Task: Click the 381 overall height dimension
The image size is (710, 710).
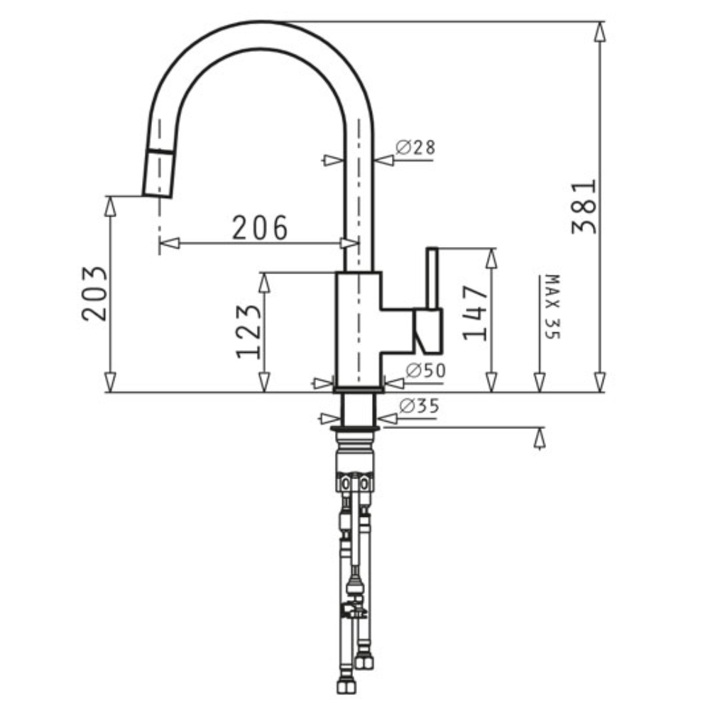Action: click(584, 207)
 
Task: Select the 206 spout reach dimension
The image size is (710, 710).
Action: click(260, 227)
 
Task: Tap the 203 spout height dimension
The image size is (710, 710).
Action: click(94, 293)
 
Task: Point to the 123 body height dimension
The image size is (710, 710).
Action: click(248, 332)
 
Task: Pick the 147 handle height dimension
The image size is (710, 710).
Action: click(476, 312)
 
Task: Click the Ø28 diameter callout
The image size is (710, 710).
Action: click(415, 147)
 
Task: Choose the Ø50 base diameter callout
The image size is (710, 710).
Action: click(425, 371)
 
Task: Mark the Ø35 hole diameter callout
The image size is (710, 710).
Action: click(420, 405)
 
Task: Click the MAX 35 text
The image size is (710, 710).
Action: click(552, 307)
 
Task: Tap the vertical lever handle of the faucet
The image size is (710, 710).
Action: click(432, 278)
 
